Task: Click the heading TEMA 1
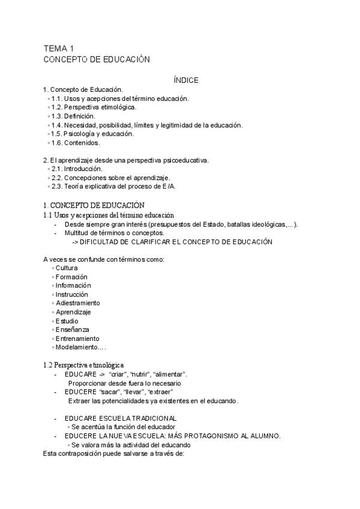pos(58,48)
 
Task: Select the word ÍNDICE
pos(186,80)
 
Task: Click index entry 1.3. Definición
pos(73,116)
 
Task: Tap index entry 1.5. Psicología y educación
pos(92,134)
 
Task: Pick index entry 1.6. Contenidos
pos(75,143)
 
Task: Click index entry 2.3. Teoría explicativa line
pos(113,186)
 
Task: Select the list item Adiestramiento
pos(78,303)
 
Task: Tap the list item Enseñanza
pos(72,330)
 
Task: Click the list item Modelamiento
pos(79,348)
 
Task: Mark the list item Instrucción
pos(71,295)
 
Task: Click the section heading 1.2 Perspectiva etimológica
pos(83,364)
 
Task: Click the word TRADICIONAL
pos(150,418)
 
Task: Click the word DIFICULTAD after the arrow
pos(103,241)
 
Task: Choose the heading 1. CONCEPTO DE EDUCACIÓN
pos(94,205)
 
